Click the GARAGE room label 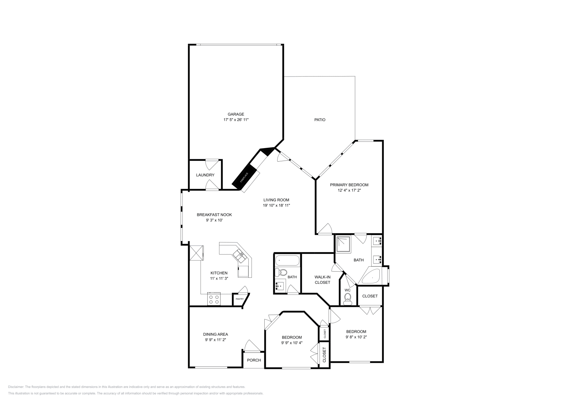236,114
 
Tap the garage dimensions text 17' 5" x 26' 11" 236,120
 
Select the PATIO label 320,120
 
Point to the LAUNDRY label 205,175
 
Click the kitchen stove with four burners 214,299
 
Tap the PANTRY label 239,299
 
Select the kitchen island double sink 238,255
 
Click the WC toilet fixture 347,299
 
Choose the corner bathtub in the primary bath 372,276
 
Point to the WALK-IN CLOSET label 322,279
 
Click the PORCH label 254,360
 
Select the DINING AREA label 216,334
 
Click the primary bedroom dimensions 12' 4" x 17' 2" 349,190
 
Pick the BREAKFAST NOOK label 214,215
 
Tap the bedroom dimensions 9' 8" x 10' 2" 356,337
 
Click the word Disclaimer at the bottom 16,387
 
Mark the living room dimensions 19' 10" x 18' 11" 276,205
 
